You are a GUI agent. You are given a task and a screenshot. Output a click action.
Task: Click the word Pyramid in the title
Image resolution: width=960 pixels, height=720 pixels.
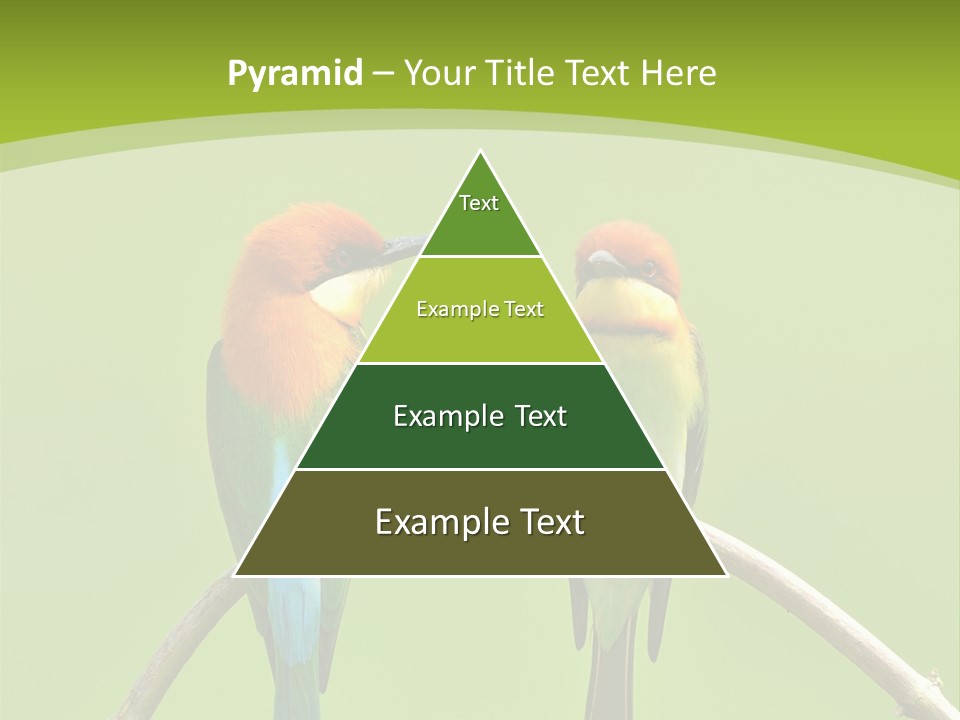click(x=295, y=74)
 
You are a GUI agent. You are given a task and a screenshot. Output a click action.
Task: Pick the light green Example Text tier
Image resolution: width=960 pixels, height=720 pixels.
click(x=480, y=311)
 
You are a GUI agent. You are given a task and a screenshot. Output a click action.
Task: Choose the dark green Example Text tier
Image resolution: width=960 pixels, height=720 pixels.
click(x=480, y=417)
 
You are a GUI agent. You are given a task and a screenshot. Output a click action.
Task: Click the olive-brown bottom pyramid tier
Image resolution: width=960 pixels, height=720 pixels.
click(x=480, y=523)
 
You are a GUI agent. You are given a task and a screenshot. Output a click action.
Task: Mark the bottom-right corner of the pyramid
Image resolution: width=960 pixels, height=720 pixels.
click(x=726, y=575)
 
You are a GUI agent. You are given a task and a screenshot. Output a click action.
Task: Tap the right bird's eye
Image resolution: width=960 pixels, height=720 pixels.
click(x=650, y=267)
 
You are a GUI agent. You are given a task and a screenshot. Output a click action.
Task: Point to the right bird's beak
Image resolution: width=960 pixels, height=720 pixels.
click(x=602, y=262)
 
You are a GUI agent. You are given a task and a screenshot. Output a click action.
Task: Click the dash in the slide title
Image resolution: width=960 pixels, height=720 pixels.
click(x=382, y=74)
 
